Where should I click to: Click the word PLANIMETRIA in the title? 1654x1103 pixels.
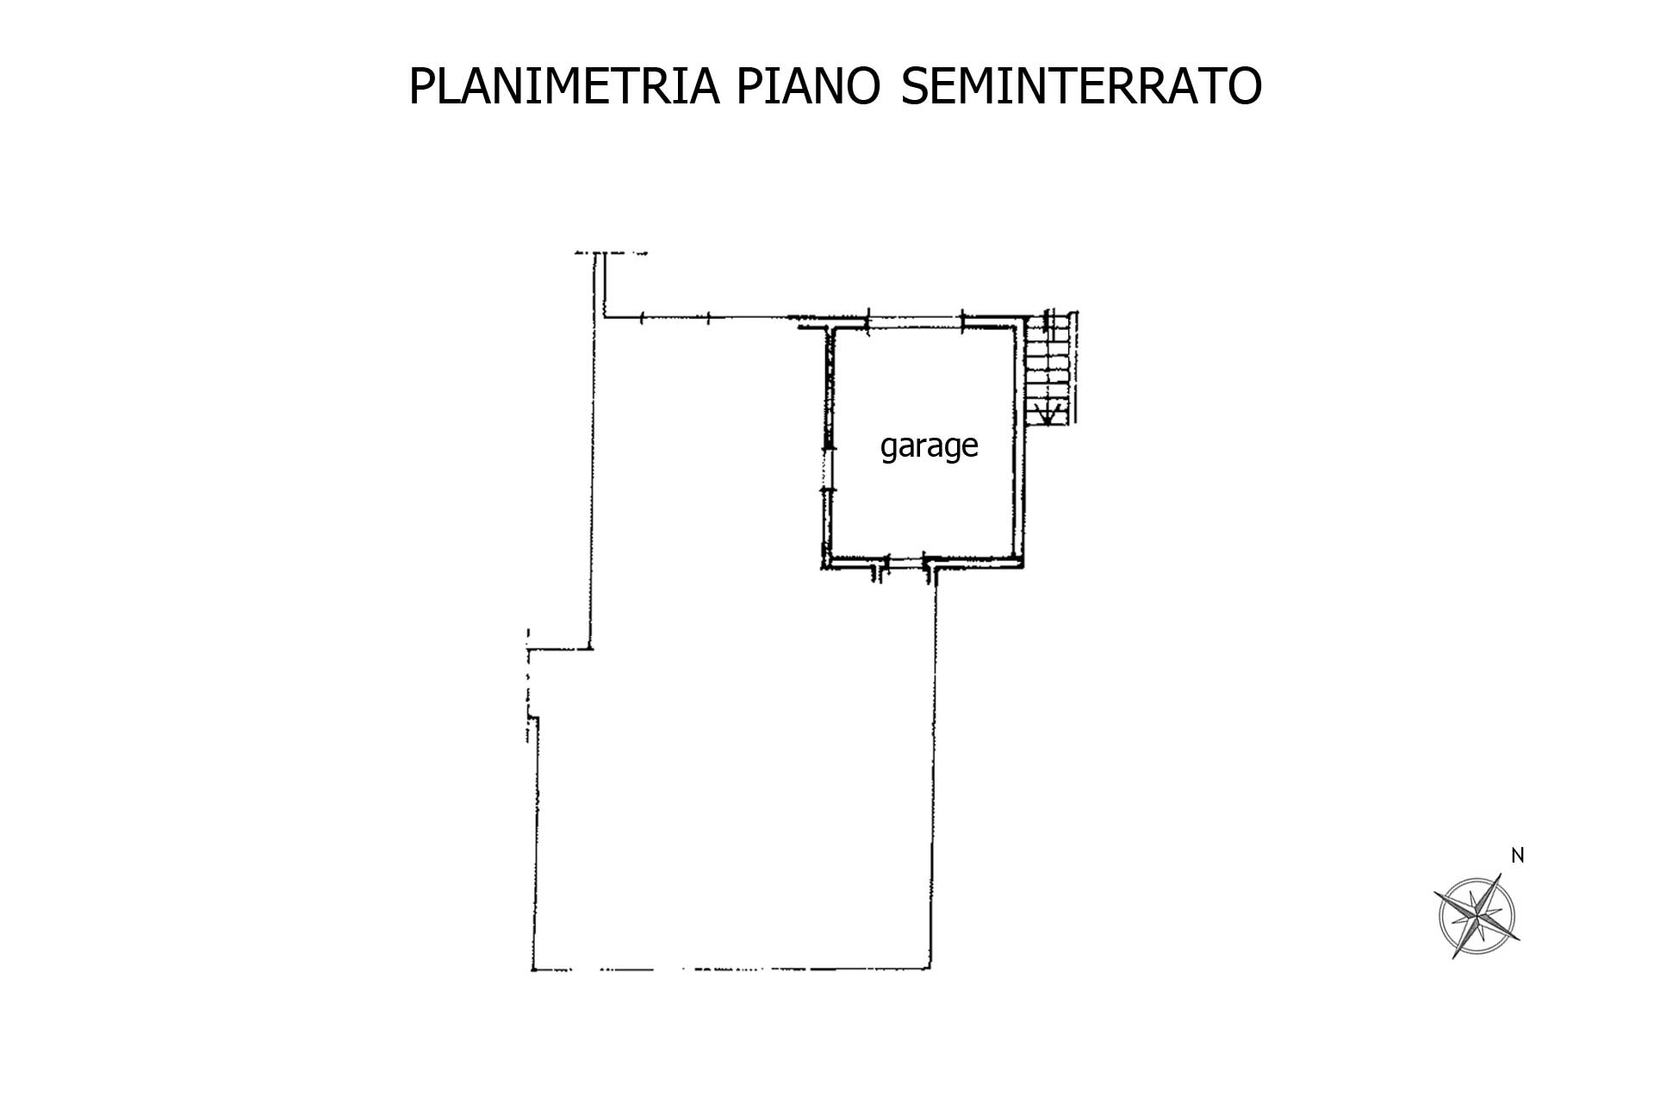coord(563,87)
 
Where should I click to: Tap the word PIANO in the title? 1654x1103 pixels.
coord(807,87)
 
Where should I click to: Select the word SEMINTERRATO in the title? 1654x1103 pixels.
coord(1081,87)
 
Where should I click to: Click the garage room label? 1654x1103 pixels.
coord(929,446)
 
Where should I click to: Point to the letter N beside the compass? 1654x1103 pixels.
coord(1518,856)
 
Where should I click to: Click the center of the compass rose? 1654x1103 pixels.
coord(1477,917)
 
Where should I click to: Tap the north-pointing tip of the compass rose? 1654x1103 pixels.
coord(1501,875)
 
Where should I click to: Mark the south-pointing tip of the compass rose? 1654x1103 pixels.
coord(1454,958)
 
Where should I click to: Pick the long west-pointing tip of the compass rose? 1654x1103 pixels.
coord(1435,894)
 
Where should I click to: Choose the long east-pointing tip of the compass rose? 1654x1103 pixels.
coord(1520,939)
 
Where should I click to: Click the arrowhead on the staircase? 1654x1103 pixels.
coord(1047,419)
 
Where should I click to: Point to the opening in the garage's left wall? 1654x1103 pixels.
coord(828,469)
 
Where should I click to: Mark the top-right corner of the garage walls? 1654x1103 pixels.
coord(1023,322)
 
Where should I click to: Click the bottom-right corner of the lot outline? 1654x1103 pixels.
coord(933,969)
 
